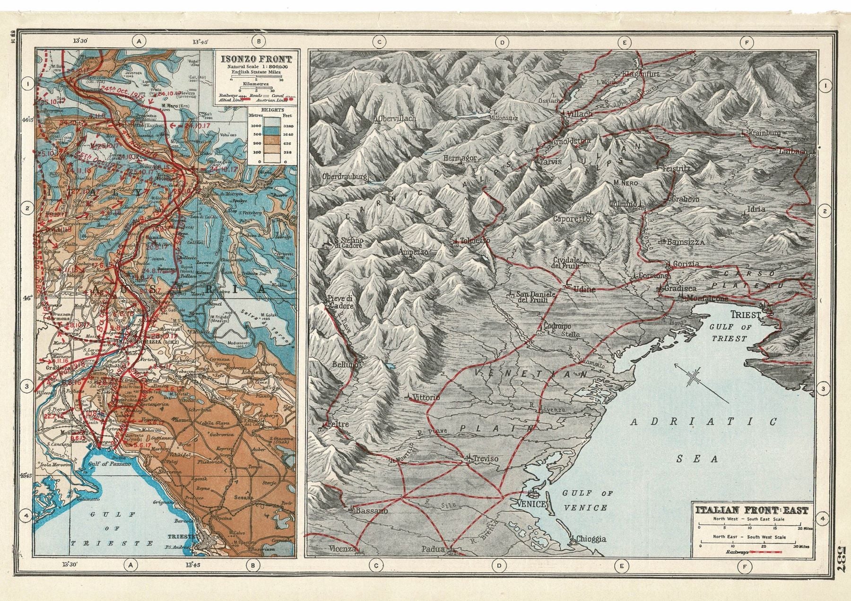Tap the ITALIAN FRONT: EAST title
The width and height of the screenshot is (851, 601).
(x=751, y=511)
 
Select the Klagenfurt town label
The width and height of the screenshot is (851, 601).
(x=641, y=74)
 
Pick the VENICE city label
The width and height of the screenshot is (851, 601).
(x=533, y=504)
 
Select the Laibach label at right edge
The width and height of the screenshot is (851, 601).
(x=796, y=151)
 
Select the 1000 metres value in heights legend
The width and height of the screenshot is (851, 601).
(x=256, y=125)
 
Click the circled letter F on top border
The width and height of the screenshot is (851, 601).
(x=747, y=43)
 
